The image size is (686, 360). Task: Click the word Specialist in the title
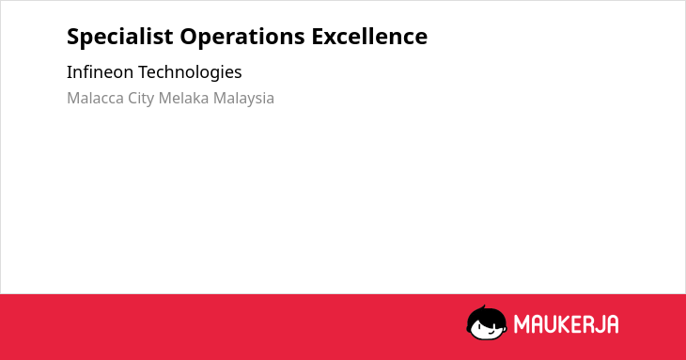pyautogui.click(x=120, y=37)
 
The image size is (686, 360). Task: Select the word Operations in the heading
pyautogui.click(x=242, y=37)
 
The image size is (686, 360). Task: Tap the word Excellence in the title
pyautogui.click(x=369, y=36)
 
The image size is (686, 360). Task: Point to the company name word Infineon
pyautogui.click(x=100, y=71)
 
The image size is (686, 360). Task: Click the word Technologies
pyautogui.click(x=191, y=72)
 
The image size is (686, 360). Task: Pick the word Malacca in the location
pyautogui.click(x=95, y=98)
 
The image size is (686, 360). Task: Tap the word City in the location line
pyautogui.click(x=141, y=99)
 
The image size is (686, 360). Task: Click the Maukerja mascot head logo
pyautogui.click(x=487, y=322)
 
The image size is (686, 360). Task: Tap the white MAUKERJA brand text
pyautogui.click(x=566, y=324)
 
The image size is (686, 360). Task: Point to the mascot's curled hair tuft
pyautogui.click(x=483, y=307)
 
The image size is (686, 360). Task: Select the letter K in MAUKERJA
pyautogui.click(x=564, y=324)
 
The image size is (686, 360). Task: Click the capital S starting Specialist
pyautogui.click(x=73, y=37)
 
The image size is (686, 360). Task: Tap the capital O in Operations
pyautogui.click(x=189, y=37)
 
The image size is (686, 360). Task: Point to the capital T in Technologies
pyautogui.click(x=145, y=71)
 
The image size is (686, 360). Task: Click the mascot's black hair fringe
pyautogui.click(x=486, y=316)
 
